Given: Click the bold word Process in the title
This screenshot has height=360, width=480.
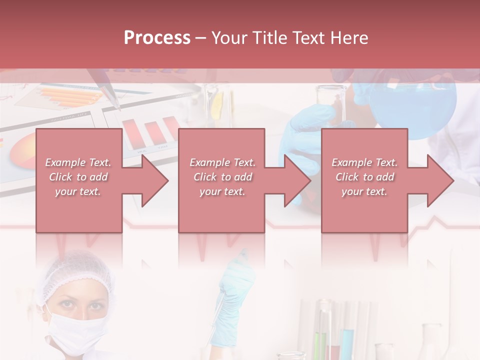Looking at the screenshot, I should [157, 38].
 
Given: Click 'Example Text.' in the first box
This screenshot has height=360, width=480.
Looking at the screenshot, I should [78, 162].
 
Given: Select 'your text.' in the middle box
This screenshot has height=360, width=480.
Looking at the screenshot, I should [222, 191].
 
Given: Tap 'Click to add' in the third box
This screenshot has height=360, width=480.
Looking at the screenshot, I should [364, 177].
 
